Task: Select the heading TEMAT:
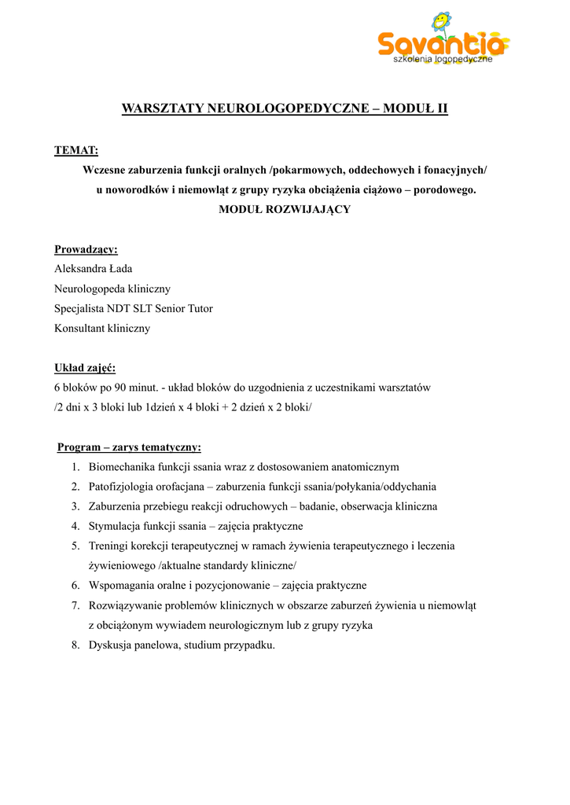tap(75, 150)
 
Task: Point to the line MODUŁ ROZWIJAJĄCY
tap(285, 210)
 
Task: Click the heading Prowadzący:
tap(86, 249)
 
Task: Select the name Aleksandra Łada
tap(93, 269)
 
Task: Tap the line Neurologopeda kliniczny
tap(112, 289)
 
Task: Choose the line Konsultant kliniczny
tap(101, 329)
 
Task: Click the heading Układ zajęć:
tap(85, 368)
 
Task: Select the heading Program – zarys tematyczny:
tap(130, 447)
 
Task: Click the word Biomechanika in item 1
tap(122, 467)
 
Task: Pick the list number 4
tap(75, 526)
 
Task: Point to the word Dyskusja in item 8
tap(111, 645)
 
